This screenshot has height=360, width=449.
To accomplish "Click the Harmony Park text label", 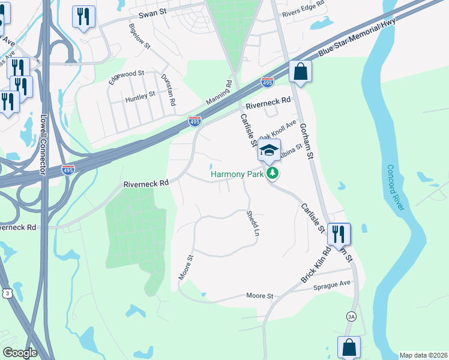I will click(238, 175).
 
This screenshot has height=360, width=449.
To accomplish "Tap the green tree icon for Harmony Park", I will click(273, 174).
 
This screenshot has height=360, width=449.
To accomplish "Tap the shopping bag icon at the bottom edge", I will click(349, 347).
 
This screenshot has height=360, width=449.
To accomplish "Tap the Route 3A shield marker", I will click(351, 316).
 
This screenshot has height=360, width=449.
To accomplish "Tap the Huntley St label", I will click(139, 94).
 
